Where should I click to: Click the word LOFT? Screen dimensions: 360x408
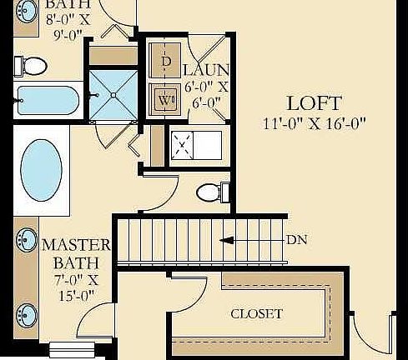pos(313,104)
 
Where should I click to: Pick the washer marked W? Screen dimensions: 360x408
pos(165,97)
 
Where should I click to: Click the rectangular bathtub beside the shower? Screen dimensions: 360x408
pos(47,101)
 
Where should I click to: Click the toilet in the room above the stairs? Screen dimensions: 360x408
pos(212,193)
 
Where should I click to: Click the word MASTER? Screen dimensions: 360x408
pos(76,245)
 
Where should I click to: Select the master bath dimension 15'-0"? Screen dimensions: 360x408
pos(76,293)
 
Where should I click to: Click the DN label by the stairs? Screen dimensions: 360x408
pos(296,240)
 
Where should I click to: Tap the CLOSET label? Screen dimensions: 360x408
pos(256,314)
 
